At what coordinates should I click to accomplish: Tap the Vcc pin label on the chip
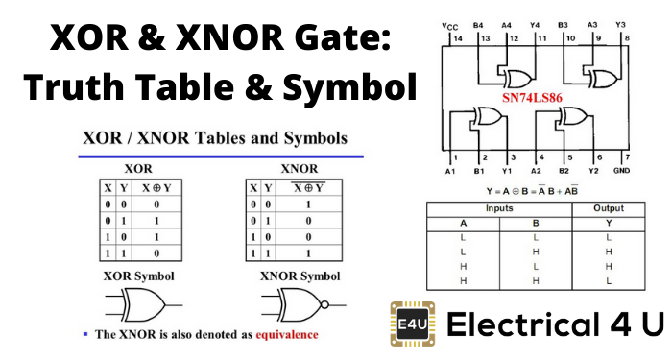click(449, 25)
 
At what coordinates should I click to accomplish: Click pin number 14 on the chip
click(458, 38)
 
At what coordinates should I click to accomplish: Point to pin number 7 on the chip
click(625, 156)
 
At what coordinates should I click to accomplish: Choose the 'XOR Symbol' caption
click(140, 276)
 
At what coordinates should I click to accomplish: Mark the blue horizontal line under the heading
click(220, 155)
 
